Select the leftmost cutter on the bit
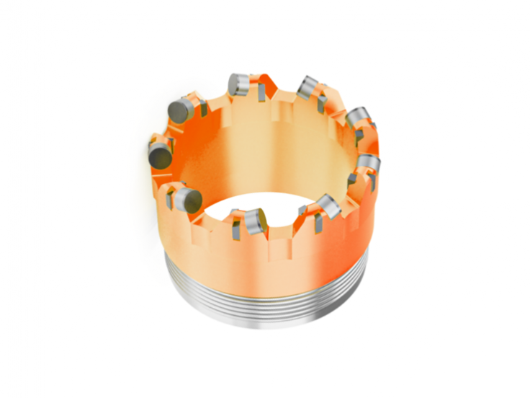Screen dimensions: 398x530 point(160,154)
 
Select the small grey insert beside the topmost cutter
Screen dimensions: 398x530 point(256,92)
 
